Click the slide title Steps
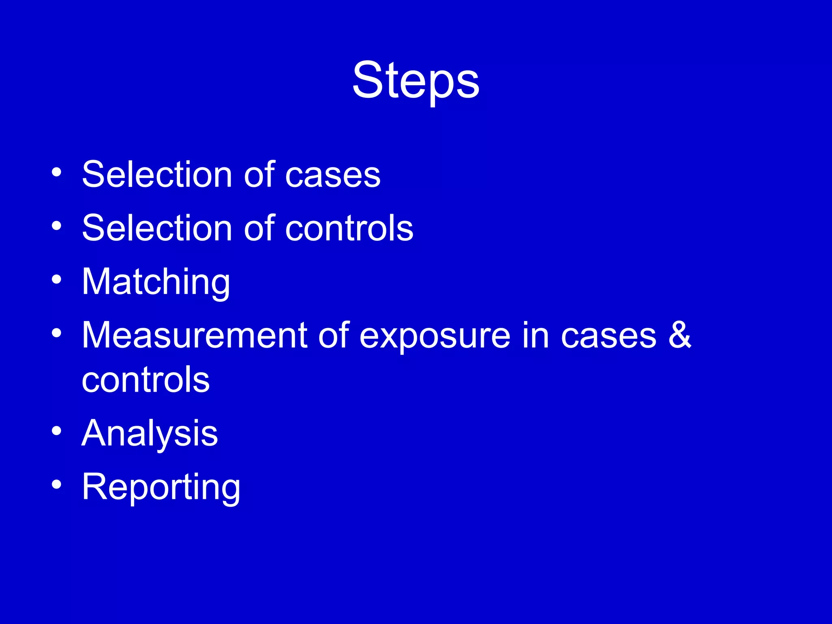click(x=416, y=80)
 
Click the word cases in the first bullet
click(x=333, y=175)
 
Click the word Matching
click(x=156, y=282)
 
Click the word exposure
click(x=435, y=336)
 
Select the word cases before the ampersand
click(x=609, y=336)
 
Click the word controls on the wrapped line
click(x=145, y=380)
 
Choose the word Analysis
click(x=150, y=433)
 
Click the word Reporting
click(x=161, y=487)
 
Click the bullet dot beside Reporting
click(x=56, y=484)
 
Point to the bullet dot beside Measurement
click(x=56, y=333)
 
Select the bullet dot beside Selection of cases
click(x=56, y=172)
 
